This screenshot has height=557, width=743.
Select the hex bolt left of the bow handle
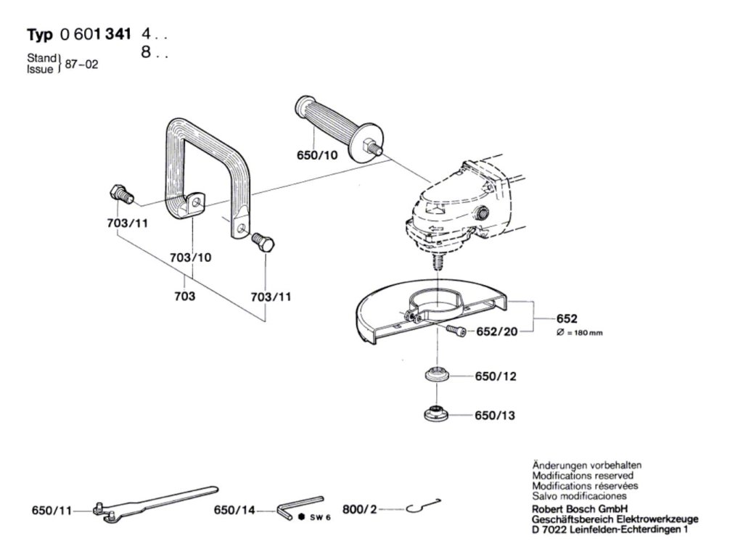(x=119, y=194)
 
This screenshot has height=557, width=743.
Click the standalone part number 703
(x=185, y=297)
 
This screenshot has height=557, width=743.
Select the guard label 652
(x=566, y=318)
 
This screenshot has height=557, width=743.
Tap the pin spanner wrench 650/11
(x=152, y=502)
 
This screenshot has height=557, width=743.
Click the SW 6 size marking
(x=315, y=517)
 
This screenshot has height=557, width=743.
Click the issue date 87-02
(x=81, y=64)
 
